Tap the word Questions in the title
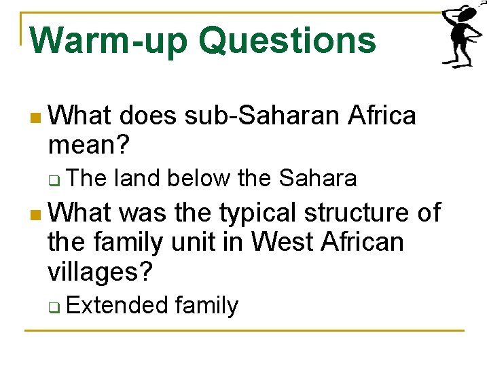click(x=287, y=40)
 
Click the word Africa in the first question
click(x=381, y=116)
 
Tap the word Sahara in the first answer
click(x=318, y=179)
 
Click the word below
click(x=200, y=179)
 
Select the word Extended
click(x=117, y=306)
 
